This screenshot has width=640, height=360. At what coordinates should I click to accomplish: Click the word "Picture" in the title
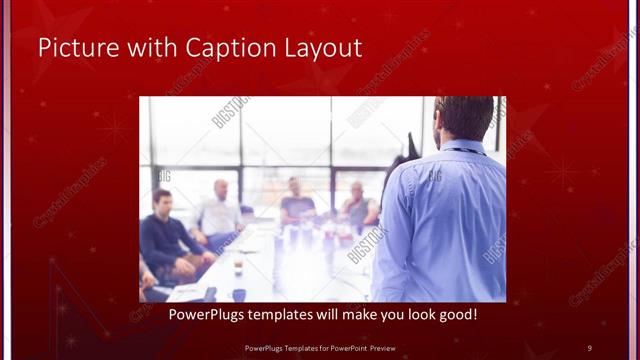point(72,47)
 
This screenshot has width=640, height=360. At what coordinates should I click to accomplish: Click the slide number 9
point(589,347)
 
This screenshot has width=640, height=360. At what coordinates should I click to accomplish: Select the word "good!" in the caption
point(455,315)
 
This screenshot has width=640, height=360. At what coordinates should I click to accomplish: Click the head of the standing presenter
point(465,118)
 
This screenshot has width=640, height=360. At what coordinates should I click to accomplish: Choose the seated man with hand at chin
point(357,206)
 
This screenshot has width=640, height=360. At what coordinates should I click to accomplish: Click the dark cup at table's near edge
point(239,294)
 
